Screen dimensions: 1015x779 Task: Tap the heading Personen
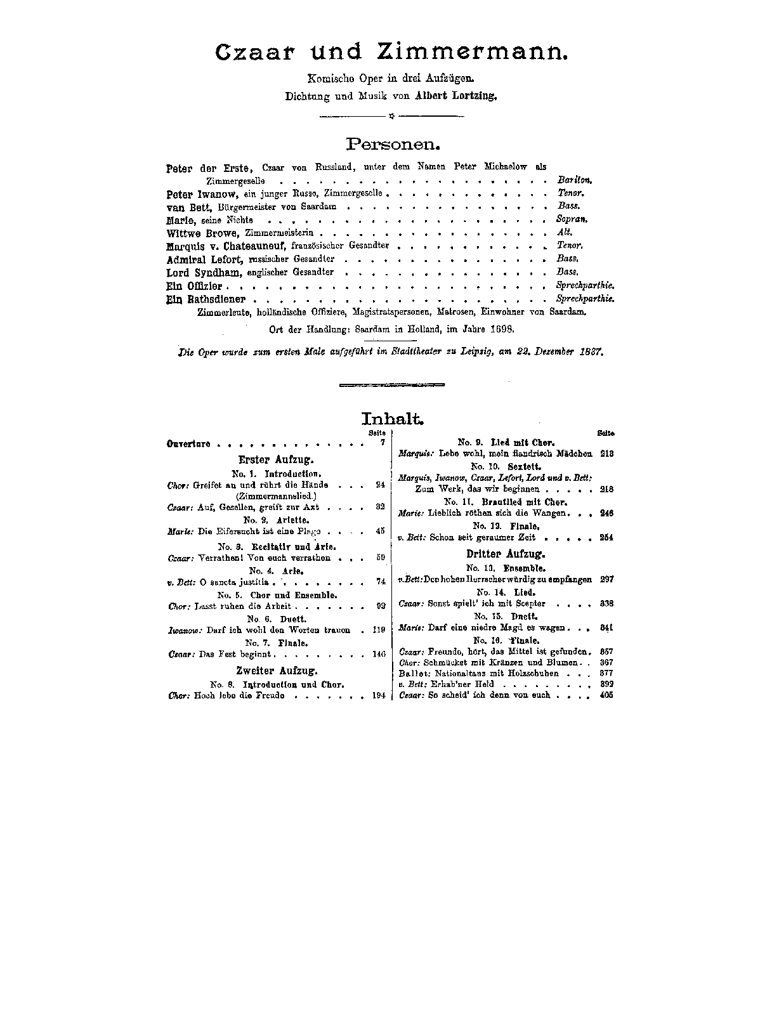pos(389,143)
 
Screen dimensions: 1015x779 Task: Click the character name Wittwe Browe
pos(199,233)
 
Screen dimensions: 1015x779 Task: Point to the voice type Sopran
pos(573,219)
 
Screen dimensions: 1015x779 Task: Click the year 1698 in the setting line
pos(501,329)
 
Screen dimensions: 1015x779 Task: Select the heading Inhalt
pos(391,419)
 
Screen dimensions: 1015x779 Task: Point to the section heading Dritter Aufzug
pos(506,554)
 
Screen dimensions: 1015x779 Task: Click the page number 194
pos(379,696)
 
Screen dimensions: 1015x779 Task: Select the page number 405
pos(606,695)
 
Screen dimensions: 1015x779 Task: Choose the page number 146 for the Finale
pos(379,654)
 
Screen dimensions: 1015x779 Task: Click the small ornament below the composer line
pos(391,116)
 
